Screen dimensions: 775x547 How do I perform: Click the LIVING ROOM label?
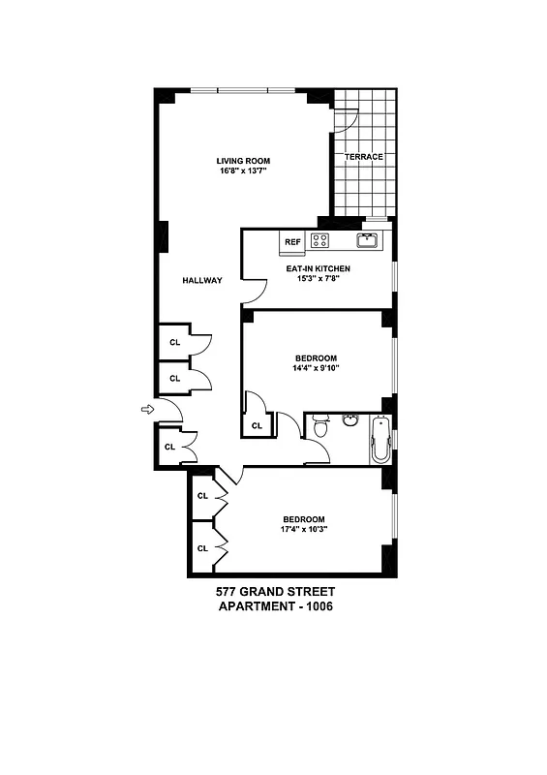[242, 161]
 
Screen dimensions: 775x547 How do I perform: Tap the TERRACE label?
[364, 157]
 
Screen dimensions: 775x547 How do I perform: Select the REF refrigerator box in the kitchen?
[291, 242]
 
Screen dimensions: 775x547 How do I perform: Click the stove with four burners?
[319, 240]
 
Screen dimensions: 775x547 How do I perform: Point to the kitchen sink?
[368, 240]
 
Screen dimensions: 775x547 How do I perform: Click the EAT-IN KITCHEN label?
[317, 268]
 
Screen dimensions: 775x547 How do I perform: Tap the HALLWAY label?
[202, 281]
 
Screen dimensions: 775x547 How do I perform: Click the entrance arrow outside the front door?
[147, 411]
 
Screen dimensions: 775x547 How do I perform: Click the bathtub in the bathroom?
[380, 438]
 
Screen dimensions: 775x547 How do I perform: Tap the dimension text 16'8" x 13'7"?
[242, 171]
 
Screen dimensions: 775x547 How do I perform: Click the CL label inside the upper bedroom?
[257, 425]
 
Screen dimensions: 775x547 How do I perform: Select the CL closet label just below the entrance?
[168, 447]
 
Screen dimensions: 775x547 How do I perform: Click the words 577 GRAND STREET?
[274, 591]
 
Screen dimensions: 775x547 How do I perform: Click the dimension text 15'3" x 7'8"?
[317, 279]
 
